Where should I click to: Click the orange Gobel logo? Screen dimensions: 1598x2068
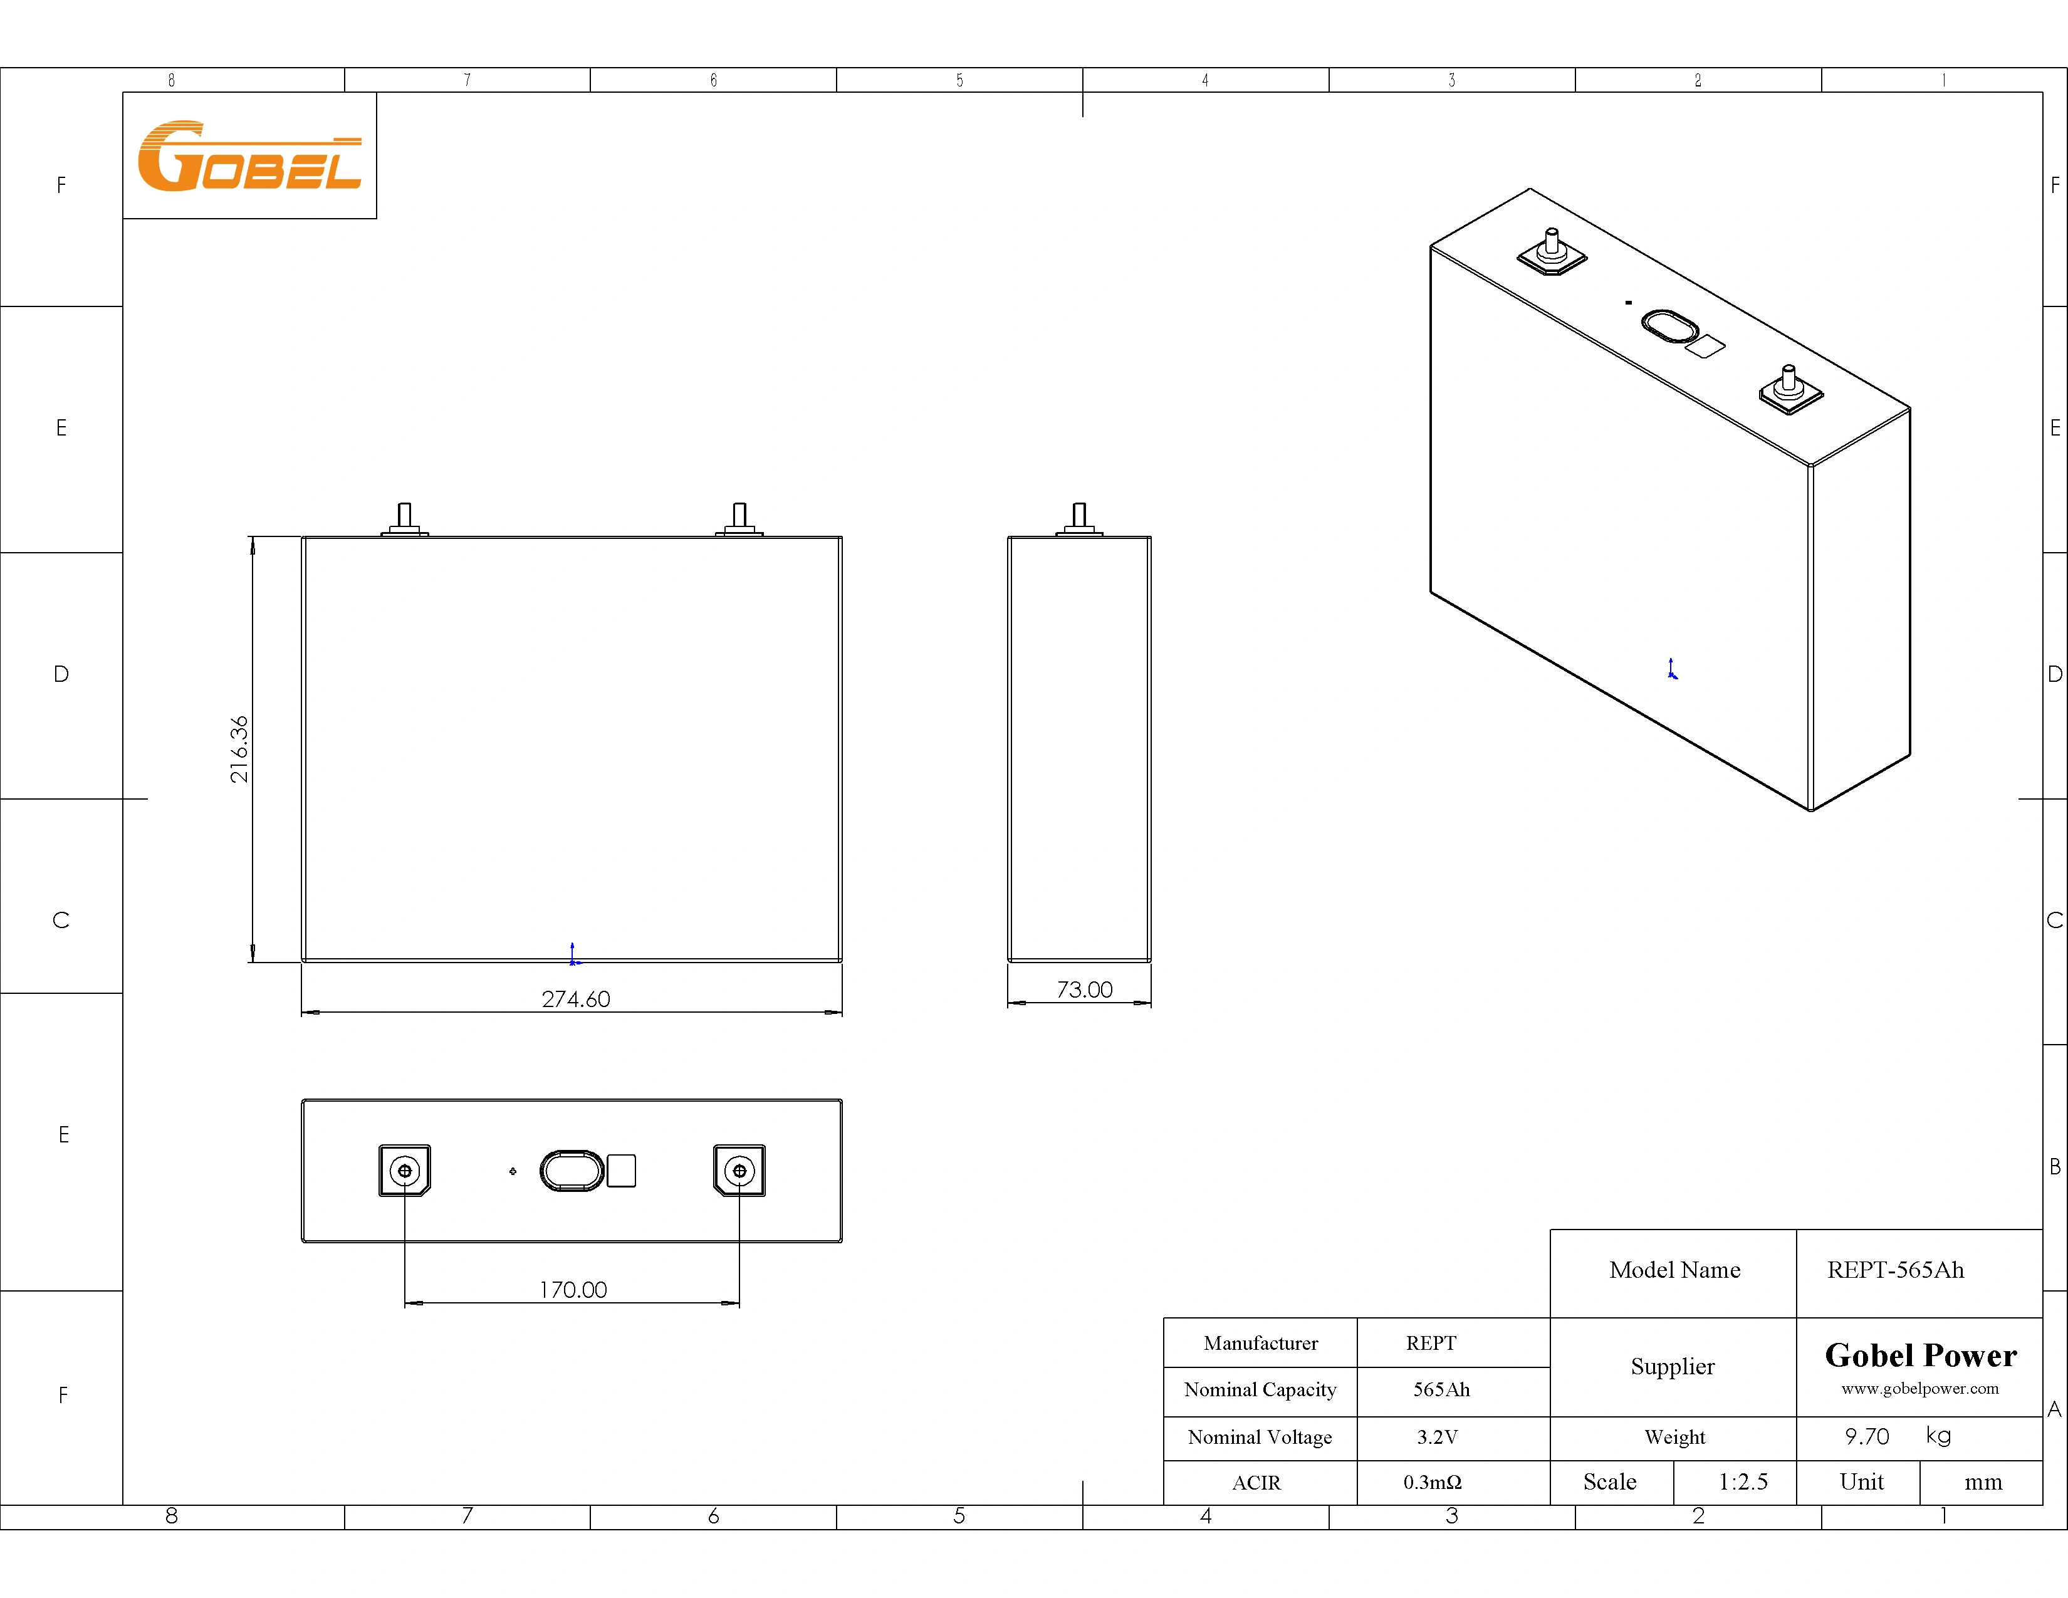click(249, 156)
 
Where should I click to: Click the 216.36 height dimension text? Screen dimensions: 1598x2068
click(239, 749)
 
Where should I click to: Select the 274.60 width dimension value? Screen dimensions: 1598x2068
click(576, 999)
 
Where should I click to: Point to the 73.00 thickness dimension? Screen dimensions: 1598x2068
click(1084, 990)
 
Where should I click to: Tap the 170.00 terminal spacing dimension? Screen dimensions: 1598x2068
click(573, 1290)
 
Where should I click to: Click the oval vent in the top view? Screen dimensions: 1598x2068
click(571, 1171)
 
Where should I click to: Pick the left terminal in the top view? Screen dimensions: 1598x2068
click(404, 1171)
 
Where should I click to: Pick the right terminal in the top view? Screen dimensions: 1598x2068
click(739, 1171)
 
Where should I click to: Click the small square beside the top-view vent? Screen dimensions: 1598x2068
click(621, 1171)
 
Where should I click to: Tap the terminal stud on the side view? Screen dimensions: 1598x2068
click(1078, 517)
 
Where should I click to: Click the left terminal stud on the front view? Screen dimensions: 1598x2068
click(404, 517)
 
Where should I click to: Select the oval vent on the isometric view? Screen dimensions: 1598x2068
click(1669, 326)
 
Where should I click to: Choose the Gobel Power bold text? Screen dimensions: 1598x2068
click(1920, 1355)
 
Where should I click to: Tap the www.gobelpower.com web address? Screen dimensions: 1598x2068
click(1919, 1389)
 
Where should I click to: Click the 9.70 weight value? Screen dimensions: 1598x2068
click(1866, 1437)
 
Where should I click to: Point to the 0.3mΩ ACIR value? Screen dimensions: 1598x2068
click(1432, 1483)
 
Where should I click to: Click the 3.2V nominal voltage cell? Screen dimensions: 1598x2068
click(1436, 1437)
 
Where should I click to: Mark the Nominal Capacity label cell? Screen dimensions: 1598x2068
click(1260, 1390)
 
